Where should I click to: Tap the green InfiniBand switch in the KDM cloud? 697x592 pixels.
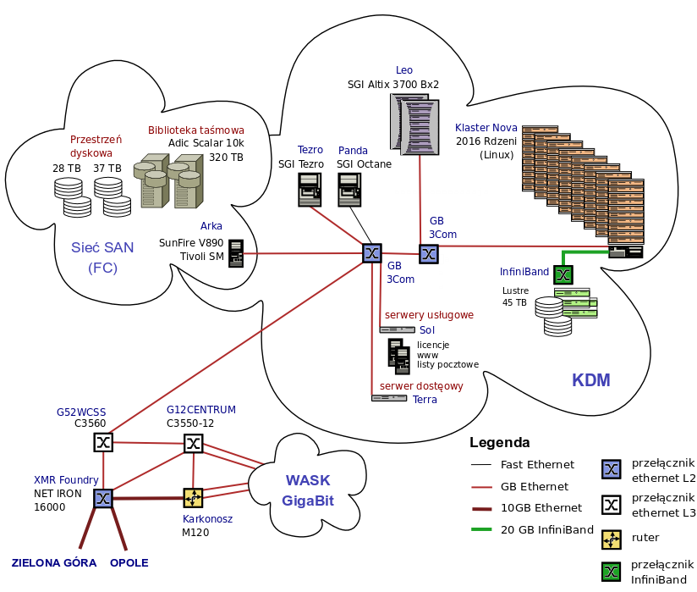tap(563, 274)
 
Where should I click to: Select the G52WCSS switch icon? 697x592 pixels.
tap(102, 442)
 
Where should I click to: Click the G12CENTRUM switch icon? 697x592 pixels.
tap(193, 443)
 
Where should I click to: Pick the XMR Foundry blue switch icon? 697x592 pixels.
tap(103, 498)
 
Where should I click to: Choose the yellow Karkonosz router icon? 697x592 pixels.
tap(193, 497)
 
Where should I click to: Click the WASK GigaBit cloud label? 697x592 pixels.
tap(308, 490)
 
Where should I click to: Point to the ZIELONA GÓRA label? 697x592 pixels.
tap(54, 563)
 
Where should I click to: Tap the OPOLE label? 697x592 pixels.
tap(129, 563)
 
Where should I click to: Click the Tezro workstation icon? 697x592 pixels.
tap(310, 190)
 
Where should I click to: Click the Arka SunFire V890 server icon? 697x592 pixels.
tap(236, 253)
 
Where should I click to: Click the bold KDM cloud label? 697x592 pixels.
tap(591, 380)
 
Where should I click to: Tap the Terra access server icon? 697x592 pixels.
tap(389, 397)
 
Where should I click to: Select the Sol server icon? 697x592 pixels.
tap(397, 329)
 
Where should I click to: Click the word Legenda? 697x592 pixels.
tap(500, 442)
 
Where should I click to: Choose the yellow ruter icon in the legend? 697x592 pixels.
tap(611, 537)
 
